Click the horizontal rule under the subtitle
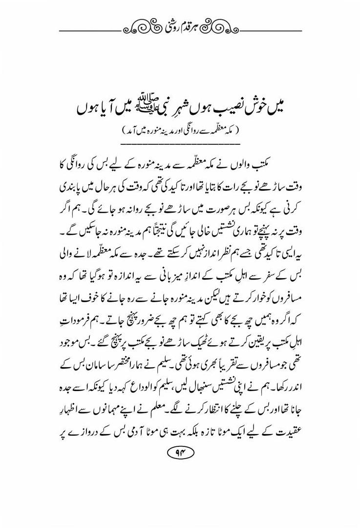(180, 144)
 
